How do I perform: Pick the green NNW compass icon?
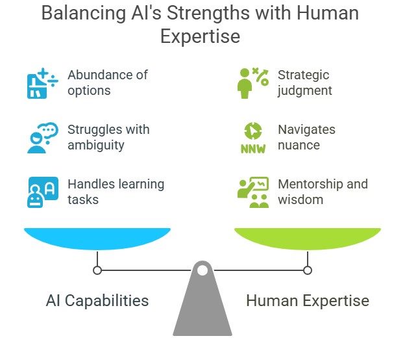click(252, 138)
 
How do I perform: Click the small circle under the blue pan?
click(97, 270)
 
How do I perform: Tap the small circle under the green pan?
click(308, 270)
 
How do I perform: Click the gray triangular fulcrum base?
click(202, 312)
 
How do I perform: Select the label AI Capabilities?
click(97, 301)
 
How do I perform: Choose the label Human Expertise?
click(308, 301)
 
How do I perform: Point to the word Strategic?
click(303, 75)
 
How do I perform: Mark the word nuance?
click(299, 145)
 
